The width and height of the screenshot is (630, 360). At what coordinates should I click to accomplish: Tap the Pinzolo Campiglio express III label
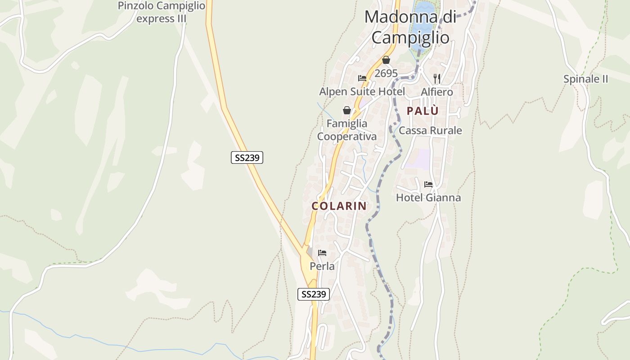[x=161, y=12]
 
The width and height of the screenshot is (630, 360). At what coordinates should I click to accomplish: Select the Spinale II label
[x=585, y=79]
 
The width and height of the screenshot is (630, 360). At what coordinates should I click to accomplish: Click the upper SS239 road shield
[x=247, y=157]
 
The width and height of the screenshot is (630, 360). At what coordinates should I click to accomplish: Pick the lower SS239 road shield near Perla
[x=314, y=294]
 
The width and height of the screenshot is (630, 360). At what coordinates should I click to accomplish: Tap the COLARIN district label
[x=339, y=206]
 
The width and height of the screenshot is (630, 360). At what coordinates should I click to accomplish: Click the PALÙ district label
[x=423, y=111]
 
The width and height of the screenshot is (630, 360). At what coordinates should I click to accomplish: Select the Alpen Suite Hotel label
[x=362, y=92]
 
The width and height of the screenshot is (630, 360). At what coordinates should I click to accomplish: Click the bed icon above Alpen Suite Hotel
[x=362, y=78]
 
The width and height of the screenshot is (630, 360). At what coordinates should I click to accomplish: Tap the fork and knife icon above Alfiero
[x=436, y=78]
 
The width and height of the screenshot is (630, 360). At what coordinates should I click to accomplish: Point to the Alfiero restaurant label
[x=436, y=92]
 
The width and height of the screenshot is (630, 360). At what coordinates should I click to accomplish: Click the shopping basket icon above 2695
[x=386, y=60]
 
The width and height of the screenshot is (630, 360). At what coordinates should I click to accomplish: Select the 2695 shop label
[x=386, y=73]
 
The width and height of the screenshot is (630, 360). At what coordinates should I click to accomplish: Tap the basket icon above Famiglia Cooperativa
[x=347, y=110]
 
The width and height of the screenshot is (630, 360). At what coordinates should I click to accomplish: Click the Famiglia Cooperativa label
[x=347, y=130]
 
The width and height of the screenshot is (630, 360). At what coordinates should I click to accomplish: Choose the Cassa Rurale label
[x=430, y=130]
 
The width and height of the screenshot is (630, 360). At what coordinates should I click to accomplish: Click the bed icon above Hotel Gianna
[x=428, y=184]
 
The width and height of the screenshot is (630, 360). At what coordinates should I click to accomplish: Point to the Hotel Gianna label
[x=428, y=198]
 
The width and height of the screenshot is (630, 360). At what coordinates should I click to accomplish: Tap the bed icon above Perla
[x=322, y=253]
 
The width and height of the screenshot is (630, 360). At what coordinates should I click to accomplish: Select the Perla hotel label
[x=322, y=266]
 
